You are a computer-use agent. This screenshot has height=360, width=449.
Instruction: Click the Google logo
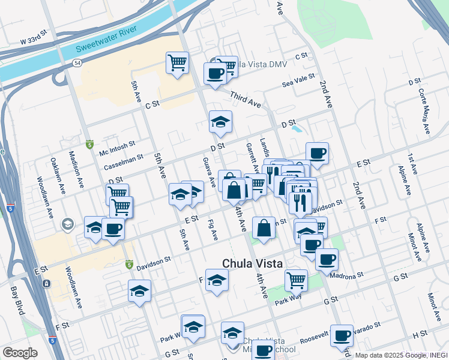point(20,353)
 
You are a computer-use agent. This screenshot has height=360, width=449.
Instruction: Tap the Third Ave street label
point(246,100)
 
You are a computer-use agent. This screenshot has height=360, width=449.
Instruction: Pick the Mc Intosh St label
point(118,147)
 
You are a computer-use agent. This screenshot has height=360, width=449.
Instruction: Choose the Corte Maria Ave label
point(424,112)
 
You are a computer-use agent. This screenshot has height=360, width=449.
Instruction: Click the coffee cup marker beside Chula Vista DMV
point(215,74)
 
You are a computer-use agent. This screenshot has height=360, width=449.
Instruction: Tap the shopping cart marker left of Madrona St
point(296,279)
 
